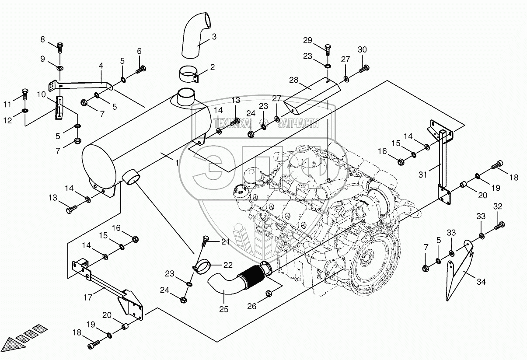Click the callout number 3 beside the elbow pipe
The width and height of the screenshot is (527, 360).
click(x=214, y=37)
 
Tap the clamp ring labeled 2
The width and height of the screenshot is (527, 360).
click(x=189, y=73)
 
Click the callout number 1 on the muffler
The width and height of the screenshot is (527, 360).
click(x=177, y=163)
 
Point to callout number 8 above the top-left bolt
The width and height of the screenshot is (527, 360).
click(x=43, y=40)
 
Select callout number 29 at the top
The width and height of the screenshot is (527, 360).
click(x=307, y=41)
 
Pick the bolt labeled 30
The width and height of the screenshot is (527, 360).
click(x=364, y=68)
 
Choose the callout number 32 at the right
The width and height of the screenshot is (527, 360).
click(x=498, y=206)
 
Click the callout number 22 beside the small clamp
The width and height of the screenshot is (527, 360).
click(x=228, y=265)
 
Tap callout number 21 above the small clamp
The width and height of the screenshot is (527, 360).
click(x=225, y=241)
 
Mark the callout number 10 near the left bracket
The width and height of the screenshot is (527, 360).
click(x=41, y=94)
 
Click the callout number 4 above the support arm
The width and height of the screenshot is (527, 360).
click(x=101, y=66)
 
